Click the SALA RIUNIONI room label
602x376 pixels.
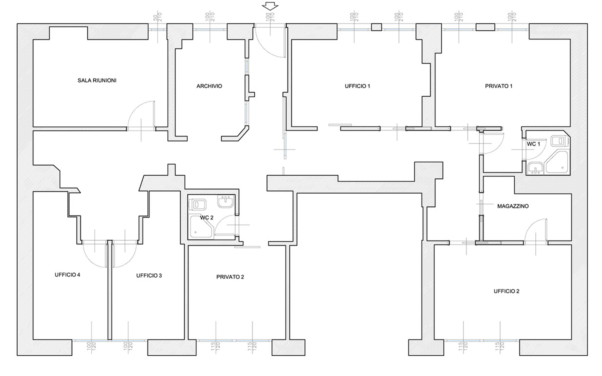(97, 80)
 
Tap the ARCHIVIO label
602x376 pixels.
(209, 86)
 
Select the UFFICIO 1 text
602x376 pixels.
(357, 86)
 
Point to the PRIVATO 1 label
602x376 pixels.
(499, 86)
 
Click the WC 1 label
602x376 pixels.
(534, 144)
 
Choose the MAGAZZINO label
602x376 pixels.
(513, 206)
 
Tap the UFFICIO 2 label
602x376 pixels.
(506, 291)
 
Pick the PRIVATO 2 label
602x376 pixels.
(230, 277)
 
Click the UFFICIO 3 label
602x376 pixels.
(149, 276)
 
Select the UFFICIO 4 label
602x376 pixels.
(67, 275)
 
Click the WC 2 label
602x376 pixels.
(207, 218)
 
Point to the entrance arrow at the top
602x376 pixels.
(270, 6)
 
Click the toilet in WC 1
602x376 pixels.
(560, 141)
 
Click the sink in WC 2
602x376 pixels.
(225, 202)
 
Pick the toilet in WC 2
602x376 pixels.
(198, 205)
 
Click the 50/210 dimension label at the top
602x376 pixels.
(158, 17)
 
